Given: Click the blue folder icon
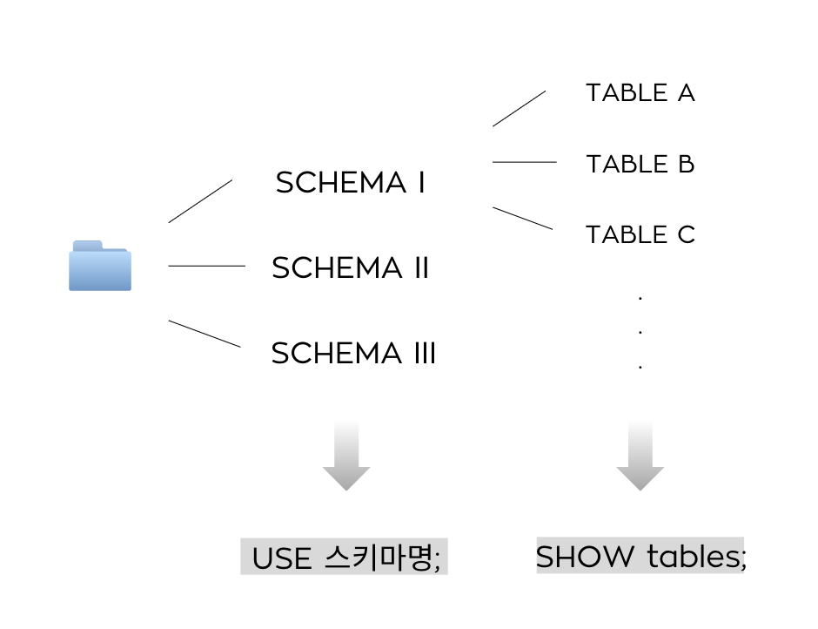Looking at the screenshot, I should coord(100,266).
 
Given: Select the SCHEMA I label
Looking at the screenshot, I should coord(351,183).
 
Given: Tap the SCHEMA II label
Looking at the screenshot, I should coord(351,268).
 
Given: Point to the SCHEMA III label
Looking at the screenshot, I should coord(353,354).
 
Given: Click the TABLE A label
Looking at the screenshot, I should coord(640,93).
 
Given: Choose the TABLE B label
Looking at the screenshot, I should coord(640,165).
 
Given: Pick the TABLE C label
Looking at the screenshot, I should coord(640,235).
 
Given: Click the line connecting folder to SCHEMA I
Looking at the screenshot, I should coord(200,201).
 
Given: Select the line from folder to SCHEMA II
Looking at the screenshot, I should coord(206,266).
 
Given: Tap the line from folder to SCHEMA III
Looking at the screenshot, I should coord(204,334).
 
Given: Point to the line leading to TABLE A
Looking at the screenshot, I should coord(520,108).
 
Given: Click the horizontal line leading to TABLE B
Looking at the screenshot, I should coord(524,162).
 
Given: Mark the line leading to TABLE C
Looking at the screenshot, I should coord(522,218).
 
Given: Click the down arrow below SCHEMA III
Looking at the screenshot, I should coord(346,457).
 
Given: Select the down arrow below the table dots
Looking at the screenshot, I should coord(640,457).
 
